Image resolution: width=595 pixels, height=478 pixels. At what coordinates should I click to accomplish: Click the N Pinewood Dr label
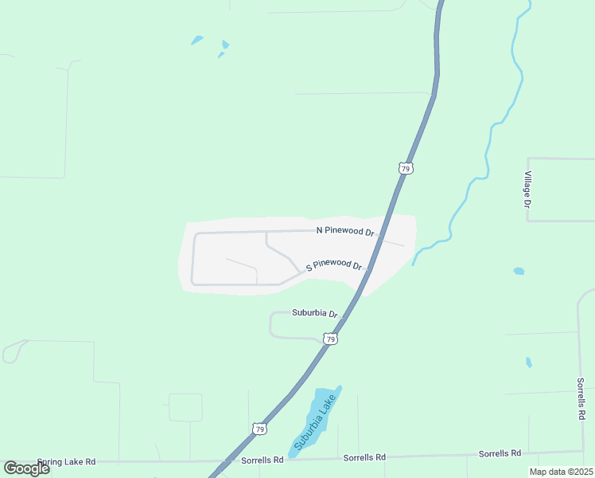pyautogui.click(x=345, y=231)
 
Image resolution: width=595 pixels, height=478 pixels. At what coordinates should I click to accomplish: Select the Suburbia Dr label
pyautogui.click(x=315, y=313)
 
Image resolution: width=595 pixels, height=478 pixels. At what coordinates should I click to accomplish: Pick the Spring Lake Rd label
pyautogui.click(x=65, y=461)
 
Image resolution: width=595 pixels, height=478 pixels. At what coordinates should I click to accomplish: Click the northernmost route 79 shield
pyautogui.click(x=406, y=168)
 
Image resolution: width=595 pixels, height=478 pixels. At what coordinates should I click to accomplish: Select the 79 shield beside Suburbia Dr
pyautogui.click(x=331, y=339)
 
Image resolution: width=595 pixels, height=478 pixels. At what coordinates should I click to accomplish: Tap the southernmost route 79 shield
pyautogui.click(x=259, y=429)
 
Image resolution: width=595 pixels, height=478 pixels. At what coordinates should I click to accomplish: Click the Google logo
pyautogui.click(x=26, y=468)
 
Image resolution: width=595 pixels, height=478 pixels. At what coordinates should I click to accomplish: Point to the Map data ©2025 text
pyautogui.click(x=560, y=472)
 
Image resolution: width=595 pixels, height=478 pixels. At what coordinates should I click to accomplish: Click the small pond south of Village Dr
pyautogui.click(x=519, y=271)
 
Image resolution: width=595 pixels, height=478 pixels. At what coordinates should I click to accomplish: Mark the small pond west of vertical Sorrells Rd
pyautogui.click(x=529, y=362)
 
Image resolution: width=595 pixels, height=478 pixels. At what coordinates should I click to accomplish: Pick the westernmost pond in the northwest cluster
pyautogui.click(x=196, y=40)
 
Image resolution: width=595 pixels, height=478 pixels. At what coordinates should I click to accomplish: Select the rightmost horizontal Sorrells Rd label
pyautogui.click(x=500, y=453)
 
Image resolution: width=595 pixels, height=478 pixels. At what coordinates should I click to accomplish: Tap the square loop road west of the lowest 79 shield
pyautogui.click(x=185, y=407)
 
